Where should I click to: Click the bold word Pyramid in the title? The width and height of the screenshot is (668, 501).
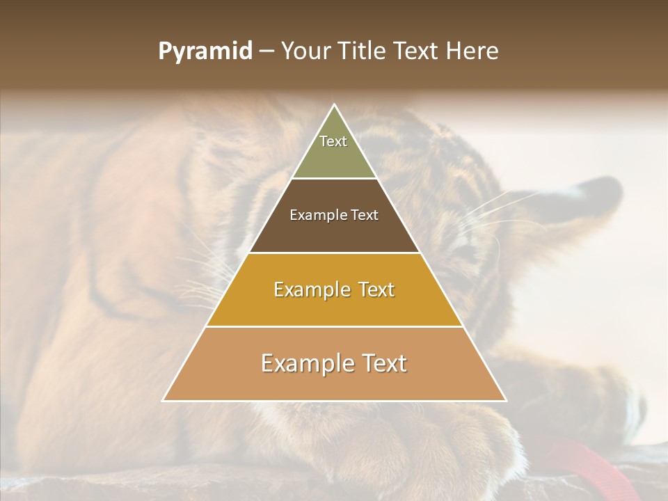tap(205, 51)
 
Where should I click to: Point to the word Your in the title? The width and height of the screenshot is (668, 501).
tap(304, 51)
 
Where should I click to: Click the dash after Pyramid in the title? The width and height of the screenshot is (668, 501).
tap(267, 52)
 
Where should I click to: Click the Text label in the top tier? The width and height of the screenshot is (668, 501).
tap(333, 141)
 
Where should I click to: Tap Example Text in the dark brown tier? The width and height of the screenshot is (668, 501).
tap(334, 215)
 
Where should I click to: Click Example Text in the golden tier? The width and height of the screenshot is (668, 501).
tap(334, 289)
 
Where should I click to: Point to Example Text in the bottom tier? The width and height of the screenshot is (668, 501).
tap(334, 363)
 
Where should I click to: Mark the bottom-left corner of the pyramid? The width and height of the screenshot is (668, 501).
tap(164, 401)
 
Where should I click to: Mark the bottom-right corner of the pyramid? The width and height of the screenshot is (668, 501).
tap(506, 401)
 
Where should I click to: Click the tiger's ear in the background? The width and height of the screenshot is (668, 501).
tap(591, 202)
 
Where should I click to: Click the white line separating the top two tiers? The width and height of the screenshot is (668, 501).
tap(334, 179)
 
